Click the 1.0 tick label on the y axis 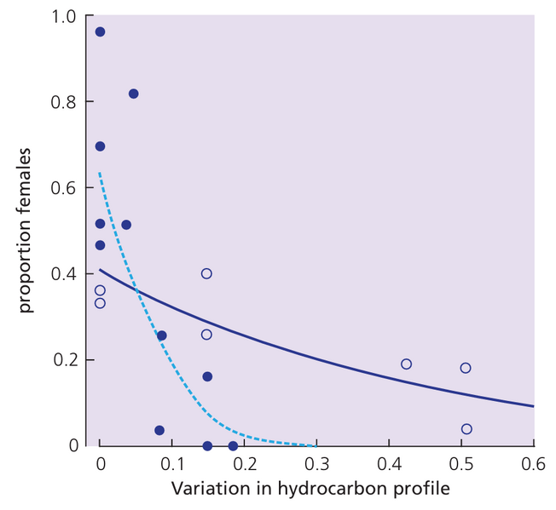click(63, 17)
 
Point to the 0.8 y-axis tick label click(63, 102)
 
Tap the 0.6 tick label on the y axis click(63, 188)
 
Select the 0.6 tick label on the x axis click(534, 464)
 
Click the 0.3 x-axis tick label click(317, 464)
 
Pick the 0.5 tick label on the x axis click(461, 464)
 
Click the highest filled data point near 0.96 click(100, 32)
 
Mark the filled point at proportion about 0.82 click(133, 94)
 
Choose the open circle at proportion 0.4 click(206, 273)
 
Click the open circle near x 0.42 click(406, 364)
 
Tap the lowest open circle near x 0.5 click(466, 429)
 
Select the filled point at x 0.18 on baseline click(233, 445)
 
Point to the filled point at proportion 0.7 click(100, 146)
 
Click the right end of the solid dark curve click(534, 406)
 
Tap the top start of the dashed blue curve click(100, 174)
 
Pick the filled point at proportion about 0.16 click(207, 376)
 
